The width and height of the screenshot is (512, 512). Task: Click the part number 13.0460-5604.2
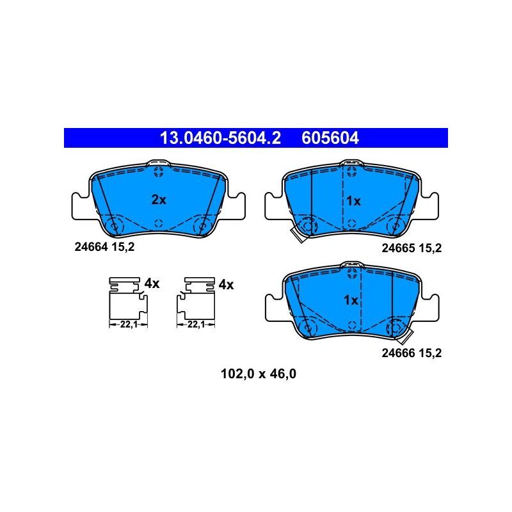click(x=220, y=138)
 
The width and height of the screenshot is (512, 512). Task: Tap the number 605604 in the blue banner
click(x=330, y=138)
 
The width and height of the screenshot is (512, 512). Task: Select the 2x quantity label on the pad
click(x=159, y=200)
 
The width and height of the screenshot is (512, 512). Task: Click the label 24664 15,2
click(x=104, y=247)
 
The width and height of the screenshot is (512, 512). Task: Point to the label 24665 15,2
click(x=412, y=248)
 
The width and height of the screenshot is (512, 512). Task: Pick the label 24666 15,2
click(x=412, y=353)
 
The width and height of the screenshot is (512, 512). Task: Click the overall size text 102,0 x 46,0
click(x=259, y=374)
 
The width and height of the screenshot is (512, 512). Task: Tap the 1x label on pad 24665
click(x=353, y=201)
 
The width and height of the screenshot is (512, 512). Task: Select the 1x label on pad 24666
click(x=351, y=300)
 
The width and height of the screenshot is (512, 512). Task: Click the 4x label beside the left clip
click(x=152, y=284)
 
